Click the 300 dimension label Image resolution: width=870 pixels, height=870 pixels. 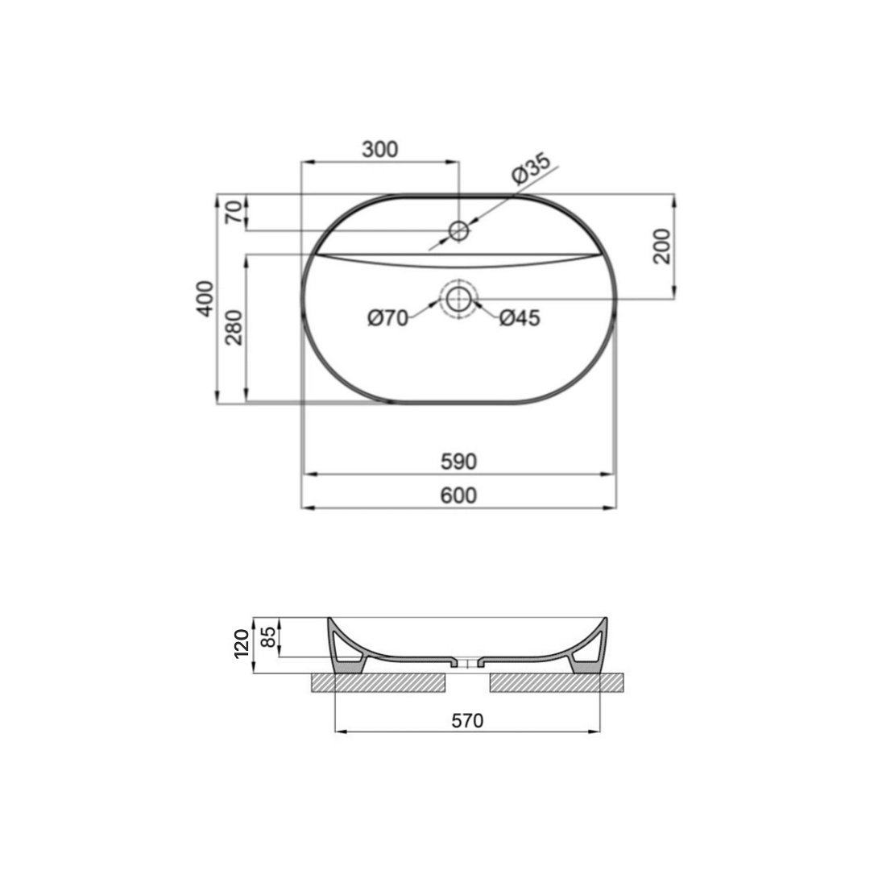[380, 149]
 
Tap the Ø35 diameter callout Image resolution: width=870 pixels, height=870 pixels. [531, 168]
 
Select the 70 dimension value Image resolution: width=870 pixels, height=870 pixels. [234, 213]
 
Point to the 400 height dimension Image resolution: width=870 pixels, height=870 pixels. [205, 299]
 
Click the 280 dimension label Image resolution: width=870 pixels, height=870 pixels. [234, 327]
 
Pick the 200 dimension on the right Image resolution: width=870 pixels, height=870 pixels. [662, 246]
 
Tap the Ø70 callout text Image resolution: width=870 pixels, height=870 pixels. [387, 318]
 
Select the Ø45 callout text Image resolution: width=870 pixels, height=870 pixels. [520, 318]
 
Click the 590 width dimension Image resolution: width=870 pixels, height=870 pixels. [459, 461]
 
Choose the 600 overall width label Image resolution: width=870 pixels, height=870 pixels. [459, 495]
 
